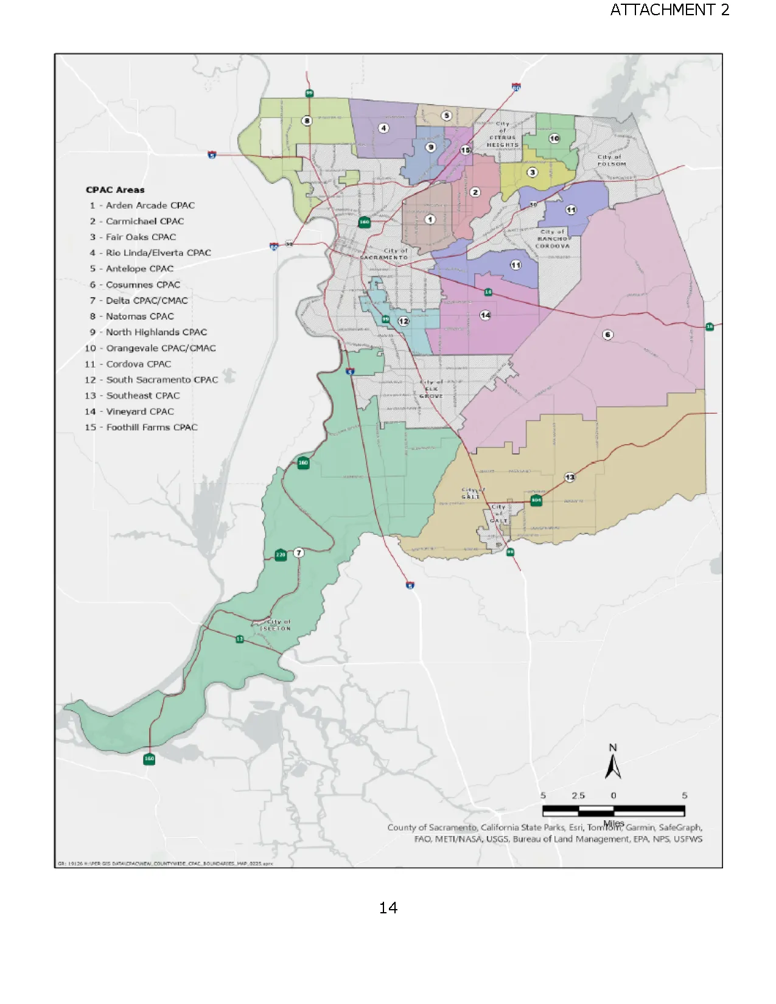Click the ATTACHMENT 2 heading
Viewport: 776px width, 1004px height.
coord(669,10)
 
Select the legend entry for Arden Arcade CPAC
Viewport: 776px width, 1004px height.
coord(142,206)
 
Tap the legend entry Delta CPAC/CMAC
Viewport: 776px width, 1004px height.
coord(139,301)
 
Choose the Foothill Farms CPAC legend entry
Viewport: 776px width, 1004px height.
coord(141,428)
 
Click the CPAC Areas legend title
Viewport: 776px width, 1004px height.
coord(115,190)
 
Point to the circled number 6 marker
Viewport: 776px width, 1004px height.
coord(607,335)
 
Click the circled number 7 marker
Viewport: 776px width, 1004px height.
coord(298,553)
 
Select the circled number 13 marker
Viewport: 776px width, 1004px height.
coord(570,477)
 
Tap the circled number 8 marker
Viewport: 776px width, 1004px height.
coord(307,120)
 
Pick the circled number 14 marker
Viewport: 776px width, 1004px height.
coord(485,315)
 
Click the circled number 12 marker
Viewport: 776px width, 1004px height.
coord(404,321)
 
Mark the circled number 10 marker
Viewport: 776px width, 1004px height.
coord(554,138)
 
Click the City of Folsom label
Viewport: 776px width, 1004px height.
coord(610,160)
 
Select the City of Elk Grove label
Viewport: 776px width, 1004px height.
coord(431,389)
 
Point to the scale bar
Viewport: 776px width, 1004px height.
coord(613,811)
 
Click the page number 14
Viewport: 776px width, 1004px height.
coord(388,908)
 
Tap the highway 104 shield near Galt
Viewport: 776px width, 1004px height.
coord(536,500)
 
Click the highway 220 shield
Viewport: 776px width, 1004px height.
coord(280,555)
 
